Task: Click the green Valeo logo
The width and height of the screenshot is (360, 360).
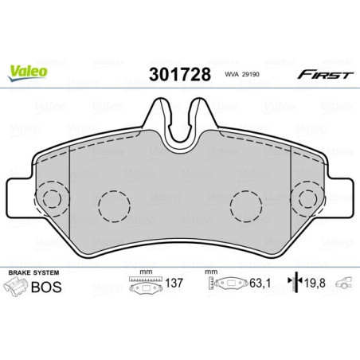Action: click(x=28, y=69)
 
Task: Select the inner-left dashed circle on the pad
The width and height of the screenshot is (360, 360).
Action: click(x=114, y=209)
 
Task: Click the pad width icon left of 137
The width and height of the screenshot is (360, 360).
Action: click(x=144, y=284)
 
